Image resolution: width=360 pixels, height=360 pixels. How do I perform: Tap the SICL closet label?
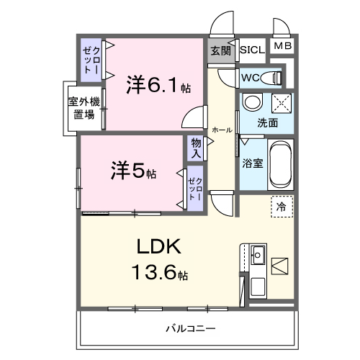pyautogui.click(x=251, y=50)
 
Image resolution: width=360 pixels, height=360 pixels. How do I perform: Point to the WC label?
pyautogui.click(x=251, y=77)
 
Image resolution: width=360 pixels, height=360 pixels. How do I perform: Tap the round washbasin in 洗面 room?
pyautogui.click(x=253, y=103)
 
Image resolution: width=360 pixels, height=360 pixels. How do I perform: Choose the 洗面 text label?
pyautogui.click(x=268, y=122)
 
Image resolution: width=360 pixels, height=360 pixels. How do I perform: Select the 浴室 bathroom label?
pyautogui.click(x=252, y=163)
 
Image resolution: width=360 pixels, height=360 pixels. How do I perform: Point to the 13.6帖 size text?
pyautogui.click(x=160, y=274)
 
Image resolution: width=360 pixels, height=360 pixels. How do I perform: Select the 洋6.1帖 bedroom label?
pyautogui.click(x=158, y=86)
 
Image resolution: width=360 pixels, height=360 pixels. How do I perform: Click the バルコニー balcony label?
pyautogui.click(x=190, y=328)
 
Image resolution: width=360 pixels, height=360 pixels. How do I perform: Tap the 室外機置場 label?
pyautogui.click(x=84, y=109)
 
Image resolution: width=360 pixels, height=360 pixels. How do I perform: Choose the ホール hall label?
pyautogui.click(x=222, y=130)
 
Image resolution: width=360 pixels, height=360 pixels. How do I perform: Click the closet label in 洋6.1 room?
pyautogui.click(x=89, y=60)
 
